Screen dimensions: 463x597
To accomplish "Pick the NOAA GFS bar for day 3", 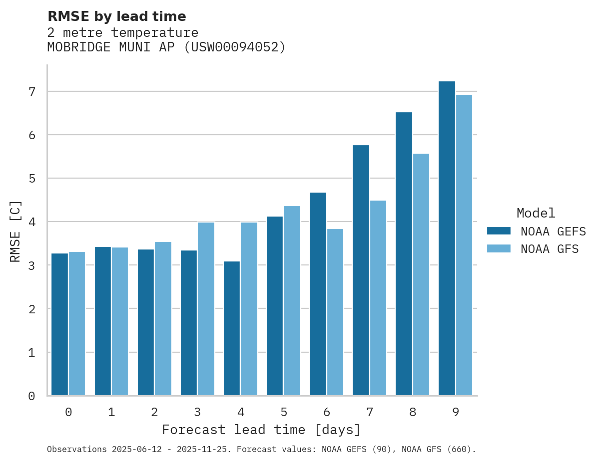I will (206, 309).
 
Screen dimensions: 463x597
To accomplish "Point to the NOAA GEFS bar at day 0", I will (60, 324).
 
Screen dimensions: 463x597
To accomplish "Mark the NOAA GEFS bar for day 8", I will (404, 254).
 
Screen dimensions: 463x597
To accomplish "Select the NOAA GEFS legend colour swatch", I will (499, 231).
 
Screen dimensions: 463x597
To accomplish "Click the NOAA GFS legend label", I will (549, 249).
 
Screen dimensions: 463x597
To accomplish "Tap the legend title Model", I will (536, 214).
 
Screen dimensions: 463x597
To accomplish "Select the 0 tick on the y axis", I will (31, 396).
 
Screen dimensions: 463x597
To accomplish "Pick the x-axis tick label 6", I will (327, 412).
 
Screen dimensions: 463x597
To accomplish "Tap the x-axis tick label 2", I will (154, 412).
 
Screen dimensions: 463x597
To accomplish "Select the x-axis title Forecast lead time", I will (261, 430).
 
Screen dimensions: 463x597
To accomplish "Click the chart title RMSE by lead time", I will (116, 16).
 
